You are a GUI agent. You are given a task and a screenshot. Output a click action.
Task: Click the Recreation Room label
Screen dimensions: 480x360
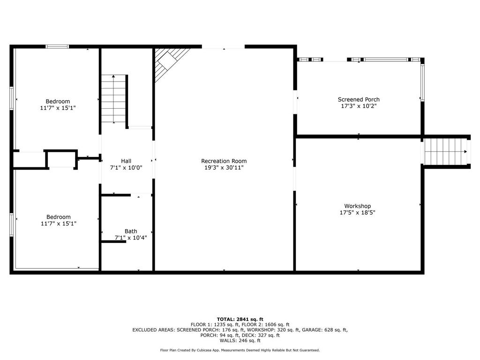click(224, 161)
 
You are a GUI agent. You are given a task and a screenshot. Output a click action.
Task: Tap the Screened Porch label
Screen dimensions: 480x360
click(359, 99)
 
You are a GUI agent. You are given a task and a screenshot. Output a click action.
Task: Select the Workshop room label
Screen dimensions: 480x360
click(357, 206)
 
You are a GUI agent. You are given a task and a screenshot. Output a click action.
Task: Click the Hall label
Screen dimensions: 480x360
click(126, 161)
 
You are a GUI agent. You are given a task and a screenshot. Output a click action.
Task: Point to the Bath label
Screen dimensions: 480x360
click(131, 231)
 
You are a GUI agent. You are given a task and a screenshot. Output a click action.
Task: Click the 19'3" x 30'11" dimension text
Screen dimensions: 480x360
click(224, 167)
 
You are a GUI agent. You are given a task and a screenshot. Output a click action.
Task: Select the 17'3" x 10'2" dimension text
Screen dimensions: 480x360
click(359, 106)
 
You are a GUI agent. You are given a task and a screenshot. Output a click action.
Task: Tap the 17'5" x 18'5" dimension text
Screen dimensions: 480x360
click(357, 212)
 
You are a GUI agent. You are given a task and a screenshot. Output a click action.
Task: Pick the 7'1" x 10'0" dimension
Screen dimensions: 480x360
click(126, 168)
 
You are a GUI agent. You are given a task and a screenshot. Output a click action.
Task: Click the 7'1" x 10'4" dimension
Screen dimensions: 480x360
click(131, 238)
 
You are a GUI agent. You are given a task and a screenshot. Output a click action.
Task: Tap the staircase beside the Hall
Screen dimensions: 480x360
click(113, 98)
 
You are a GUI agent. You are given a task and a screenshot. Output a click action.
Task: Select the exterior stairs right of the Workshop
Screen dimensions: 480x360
click(445, 151)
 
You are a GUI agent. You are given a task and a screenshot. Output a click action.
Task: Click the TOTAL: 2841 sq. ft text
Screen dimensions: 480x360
click(240, 319)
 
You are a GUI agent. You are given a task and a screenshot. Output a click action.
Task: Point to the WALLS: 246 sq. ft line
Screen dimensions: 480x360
click(240, 340)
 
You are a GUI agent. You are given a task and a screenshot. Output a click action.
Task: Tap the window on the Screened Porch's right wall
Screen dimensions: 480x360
click(422, 82)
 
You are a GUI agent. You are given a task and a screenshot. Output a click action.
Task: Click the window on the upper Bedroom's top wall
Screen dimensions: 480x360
click(57, 46)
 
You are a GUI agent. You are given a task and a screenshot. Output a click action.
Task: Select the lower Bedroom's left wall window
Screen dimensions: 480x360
click(11, 225)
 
